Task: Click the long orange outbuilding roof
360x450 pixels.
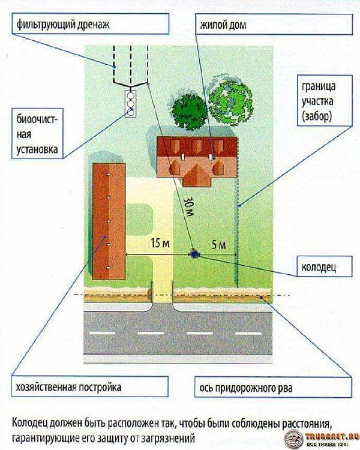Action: [109, 223]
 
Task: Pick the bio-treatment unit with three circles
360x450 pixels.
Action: [130, 101]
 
